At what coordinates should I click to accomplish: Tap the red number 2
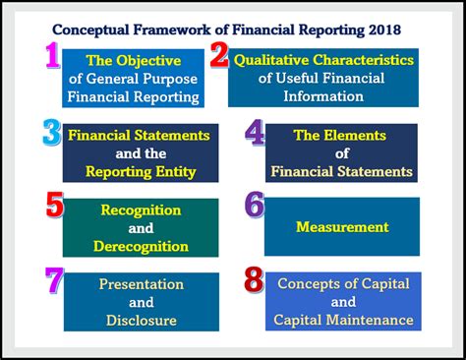[219, 57]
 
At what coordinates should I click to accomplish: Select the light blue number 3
[52, 132]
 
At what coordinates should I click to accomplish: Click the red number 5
[55, 207]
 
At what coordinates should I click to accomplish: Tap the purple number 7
[54, 281]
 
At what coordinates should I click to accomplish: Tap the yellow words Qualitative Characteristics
[323, 60]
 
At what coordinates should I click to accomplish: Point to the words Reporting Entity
[140, 172]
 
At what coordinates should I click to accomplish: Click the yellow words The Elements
[341, 135]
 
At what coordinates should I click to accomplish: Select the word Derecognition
[141, 246]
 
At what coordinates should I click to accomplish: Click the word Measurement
[342, 227]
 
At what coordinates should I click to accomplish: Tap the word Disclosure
[141, 321]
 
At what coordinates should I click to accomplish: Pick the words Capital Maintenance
[343, 321]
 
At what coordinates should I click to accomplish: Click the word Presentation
[141, 284]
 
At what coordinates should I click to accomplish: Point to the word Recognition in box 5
[141, 210]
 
